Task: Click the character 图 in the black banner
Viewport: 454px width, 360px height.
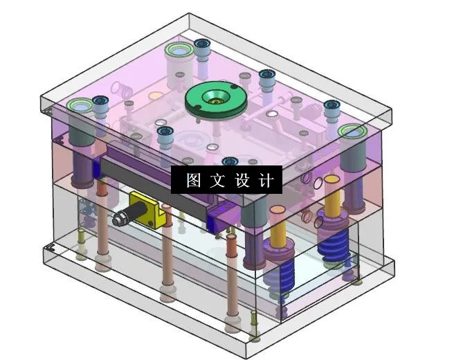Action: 194,181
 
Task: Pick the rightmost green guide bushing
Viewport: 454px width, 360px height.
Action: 352,132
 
